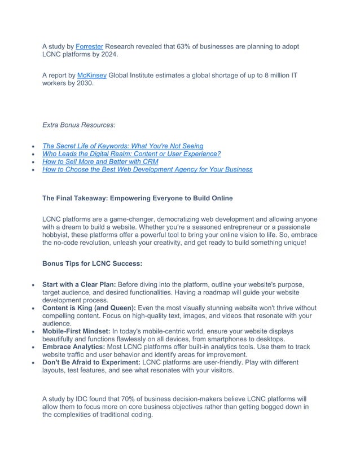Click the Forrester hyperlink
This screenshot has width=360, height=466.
pos(89,46)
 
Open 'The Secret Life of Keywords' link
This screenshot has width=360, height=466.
pos(123,146)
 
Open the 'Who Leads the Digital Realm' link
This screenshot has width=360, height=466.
pos(131,153)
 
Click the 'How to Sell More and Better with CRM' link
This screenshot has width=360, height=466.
pos(100,161)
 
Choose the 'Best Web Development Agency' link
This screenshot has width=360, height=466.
pos(147,169)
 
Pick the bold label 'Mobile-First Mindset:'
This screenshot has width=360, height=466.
pos(76,332)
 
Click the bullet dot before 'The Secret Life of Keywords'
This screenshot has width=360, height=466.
pos(34,147)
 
